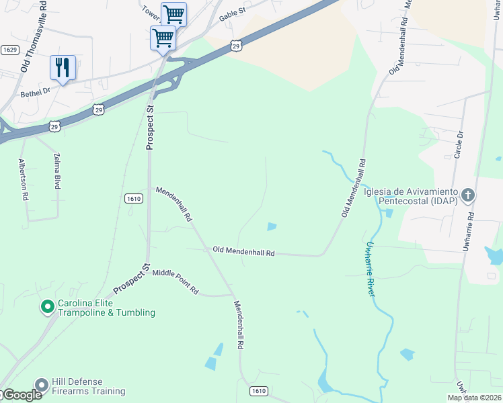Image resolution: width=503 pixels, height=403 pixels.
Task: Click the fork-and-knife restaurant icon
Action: pyautogui.click(x=63, y=67)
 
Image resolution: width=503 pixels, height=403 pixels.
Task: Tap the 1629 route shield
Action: pyautogui.click(x=9, y=50)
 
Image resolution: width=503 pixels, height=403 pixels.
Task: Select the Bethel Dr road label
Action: pyautogui.click(x=36, y=92)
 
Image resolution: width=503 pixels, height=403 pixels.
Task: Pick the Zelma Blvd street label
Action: pyautogui.click(x=56, y=171)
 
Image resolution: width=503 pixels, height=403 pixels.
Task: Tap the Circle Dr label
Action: pyautogui.click(x=461, y=143)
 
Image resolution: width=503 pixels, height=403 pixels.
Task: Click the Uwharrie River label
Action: pyautogui.click(x=371, y=269)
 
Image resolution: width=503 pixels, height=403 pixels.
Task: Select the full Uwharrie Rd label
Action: pyautogui.click(x=469, y=232)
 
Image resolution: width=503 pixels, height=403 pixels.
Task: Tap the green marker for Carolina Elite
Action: pyautogui.click(x=48, y=307)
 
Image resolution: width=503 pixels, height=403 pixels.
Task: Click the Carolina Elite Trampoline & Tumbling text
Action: pyautogui.click(x=106, y=308)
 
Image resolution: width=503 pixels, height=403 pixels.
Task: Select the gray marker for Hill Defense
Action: pyautogui.click(x=41, y=386)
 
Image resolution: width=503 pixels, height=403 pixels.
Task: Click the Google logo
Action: pyautogui.click(x=22, y=396)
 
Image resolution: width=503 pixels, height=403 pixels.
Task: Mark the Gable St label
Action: pyautogui.click(x=233, y=13)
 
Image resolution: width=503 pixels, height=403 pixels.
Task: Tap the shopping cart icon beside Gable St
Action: pyautogui.click(x=173, y=13)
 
